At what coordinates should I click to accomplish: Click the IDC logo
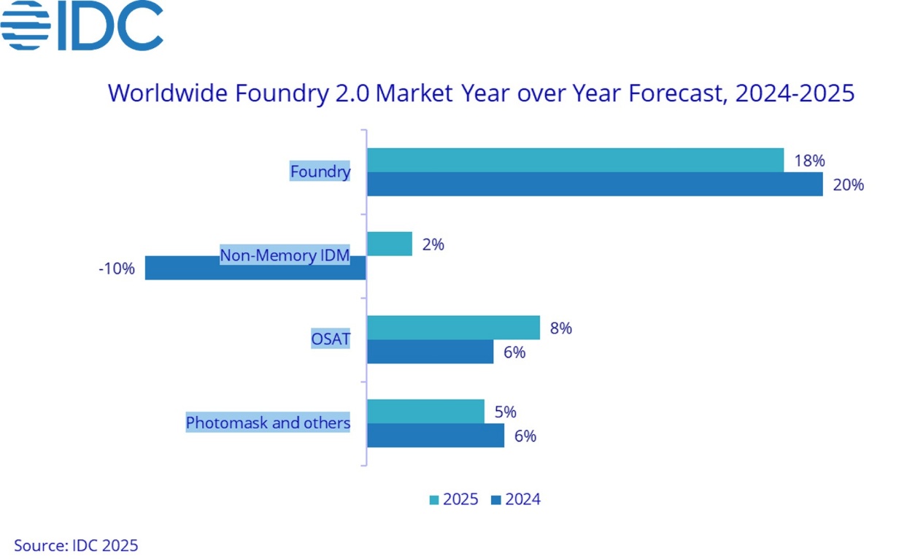coord(82,26)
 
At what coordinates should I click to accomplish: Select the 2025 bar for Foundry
coord(575,161)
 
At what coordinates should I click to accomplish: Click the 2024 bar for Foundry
coord(595,185)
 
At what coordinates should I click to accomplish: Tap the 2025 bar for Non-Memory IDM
coord(390,244)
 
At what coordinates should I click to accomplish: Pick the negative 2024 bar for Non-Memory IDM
coord(255,268)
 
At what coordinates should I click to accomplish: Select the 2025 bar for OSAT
coord(453,328)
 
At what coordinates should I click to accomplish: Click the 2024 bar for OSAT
coord(430,352)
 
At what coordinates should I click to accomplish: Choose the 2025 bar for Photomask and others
coord(425,412)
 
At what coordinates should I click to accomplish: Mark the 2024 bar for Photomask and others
coord(436,436)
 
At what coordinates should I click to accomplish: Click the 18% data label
coord(809,161)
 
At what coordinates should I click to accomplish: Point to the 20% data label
coord(849,185)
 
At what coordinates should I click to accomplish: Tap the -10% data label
coord(117,269)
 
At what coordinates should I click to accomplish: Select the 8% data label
coord(560,328)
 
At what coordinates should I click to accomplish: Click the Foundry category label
coord(320,171)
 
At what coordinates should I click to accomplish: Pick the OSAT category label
coord(331,339)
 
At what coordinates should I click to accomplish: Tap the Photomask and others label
coord(268,423)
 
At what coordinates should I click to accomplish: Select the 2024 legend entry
coord(516,499)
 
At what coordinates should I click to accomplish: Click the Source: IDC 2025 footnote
coord(76,544)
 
